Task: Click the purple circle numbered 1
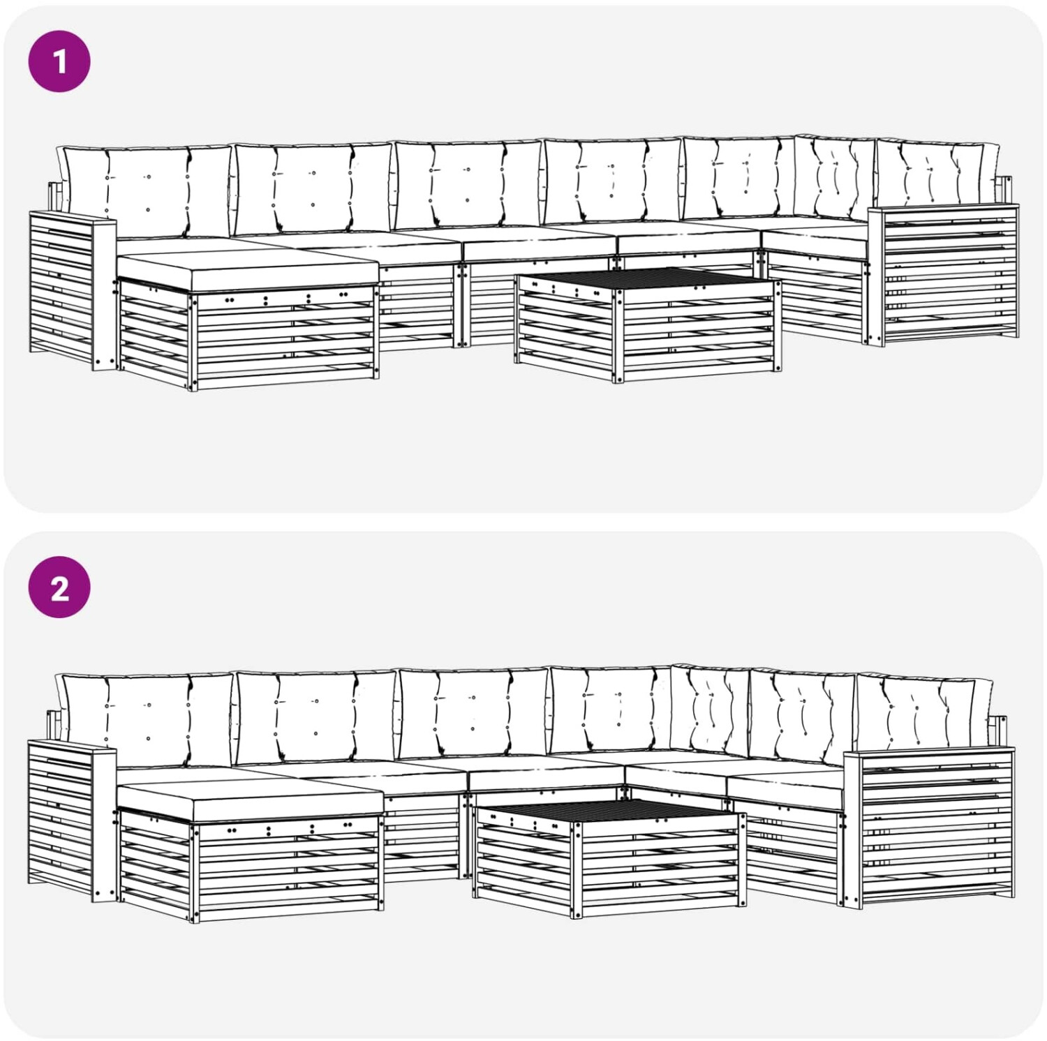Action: [x=59, y=61]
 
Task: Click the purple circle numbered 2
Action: [x=59, y=587]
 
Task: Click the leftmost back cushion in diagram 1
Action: [x=145, y=190]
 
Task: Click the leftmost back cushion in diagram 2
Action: [x=145, y=719]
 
